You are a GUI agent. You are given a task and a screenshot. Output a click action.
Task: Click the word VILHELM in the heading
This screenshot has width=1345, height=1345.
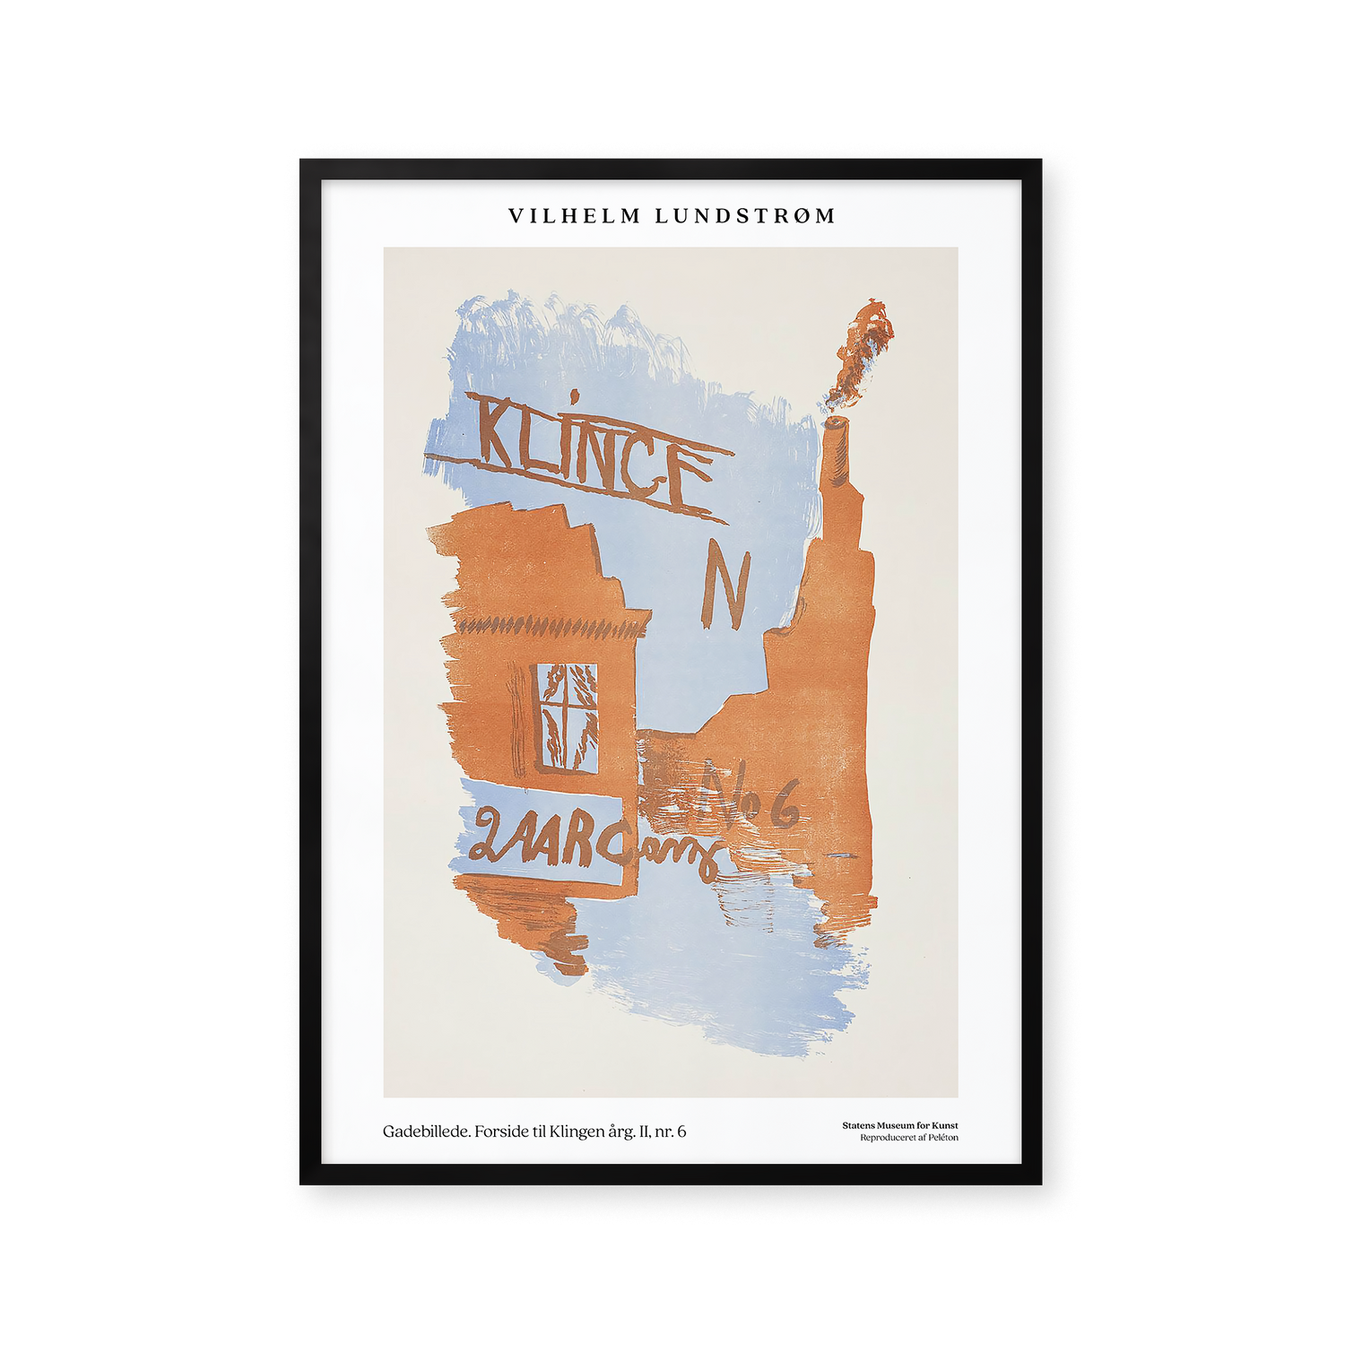575,216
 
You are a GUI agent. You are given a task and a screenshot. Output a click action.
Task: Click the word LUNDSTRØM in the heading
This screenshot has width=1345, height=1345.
745,216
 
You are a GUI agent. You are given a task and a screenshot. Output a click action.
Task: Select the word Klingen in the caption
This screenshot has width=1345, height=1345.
577,1132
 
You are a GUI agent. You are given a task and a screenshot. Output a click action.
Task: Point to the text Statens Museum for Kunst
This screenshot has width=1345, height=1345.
899,1125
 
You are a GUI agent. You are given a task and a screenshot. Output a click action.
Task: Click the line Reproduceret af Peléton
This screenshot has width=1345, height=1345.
908,1138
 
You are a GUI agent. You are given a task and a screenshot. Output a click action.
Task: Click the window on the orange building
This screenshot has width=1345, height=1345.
567,716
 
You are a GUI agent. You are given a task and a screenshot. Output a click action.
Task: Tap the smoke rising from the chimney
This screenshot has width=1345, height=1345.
861,350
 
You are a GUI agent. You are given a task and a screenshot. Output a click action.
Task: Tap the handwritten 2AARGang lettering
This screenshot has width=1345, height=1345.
583,843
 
